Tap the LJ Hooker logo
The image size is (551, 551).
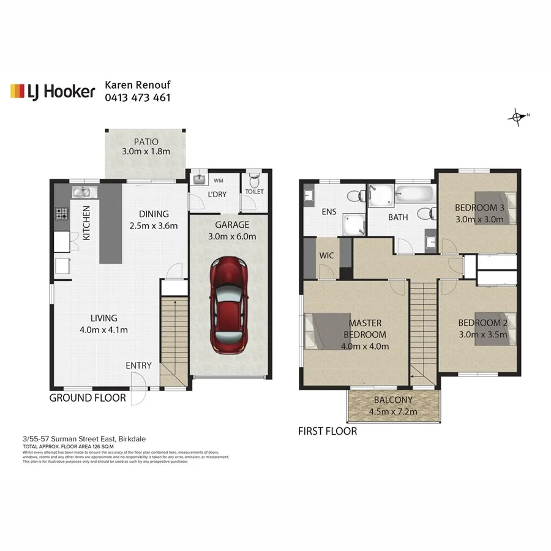coord(53,91)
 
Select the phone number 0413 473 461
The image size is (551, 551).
coord(138,97)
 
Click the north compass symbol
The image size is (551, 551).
coord(519,116)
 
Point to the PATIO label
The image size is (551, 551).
coord(145,141)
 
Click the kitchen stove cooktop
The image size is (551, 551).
coord(62,214)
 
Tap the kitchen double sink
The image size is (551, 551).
coord(81,192)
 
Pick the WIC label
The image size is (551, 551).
coord(327,255)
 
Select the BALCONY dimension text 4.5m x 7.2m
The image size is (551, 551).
coord(394,411)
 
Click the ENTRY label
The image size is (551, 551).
coord(138,365)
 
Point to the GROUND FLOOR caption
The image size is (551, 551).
coord(88,398)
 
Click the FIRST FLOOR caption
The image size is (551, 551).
coord(328,431)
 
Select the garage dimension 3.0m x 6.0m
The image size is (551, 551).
coord(231,236)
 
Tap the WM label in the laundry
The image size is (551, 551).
coord(219,181)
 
